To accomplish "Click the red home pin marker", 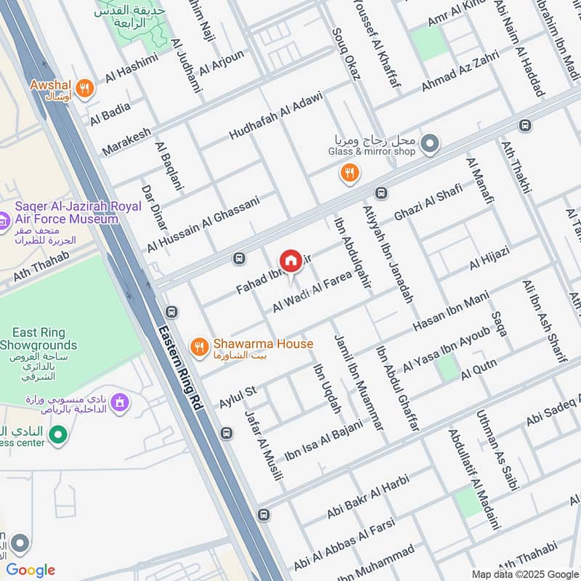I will pyautogui.click(x=290, y=261).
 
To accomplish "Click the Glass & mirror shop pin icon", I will pyautogui.click(x=430, y=144).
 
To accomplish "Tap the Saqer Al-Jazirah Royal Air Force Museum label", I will pyautogui.click(x=69, y=213).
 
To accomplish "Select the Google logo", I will pyautogui.click(x=31, y=570).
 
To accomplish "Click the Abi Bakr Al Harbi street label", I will pyautogui.click(x=368, y=497).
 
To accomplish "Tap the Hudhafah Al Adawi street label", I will pyautogui.click(x=275, y=115).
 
